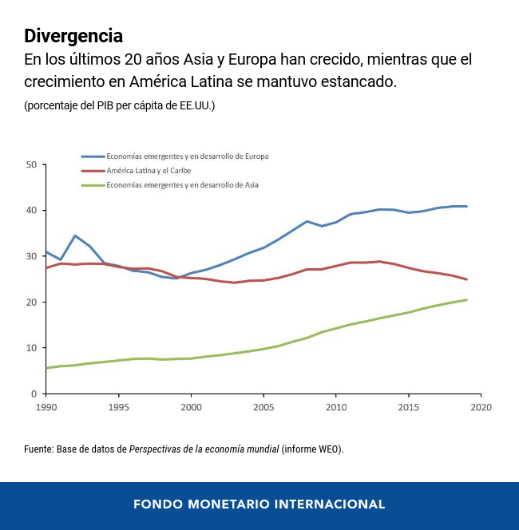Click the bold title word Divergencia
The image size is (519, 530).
pos(73,36)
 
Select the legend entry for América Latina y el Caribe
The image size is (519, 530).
pos(149,171)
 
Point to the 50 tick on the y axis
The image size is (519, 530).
pos(32,164)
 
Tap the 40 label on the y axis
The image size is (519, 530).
pos(32,211)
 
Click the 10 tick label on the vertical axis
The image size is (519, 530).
pos(32,348)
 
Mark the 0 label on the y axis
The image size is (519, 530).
pos(34,394)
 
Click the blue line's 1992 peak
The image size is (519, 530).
pos(75,235)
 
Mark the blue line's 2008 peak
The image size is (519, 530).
pos(307,221)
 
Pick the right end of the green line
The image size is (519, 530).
pos(466,300)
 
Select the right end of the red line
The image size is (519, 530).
pos(466,279)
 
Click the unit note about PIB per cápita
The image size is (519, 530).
pos(119,105)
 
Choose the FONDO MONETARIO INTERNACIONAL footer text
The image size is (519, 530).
pos(259,504)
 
